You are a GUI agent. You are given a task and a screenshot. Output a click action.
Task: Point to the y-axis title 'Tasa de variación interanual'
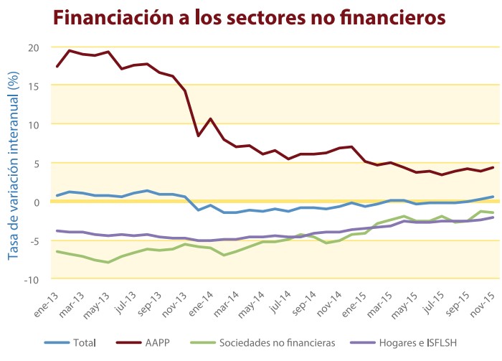tap(13, 161)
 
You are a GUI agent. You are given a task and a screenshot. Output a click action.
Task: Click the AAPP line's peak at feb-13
tap(70, 50)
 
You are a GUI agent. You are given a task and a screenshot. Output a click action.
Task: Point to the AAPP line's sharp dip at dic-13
tap(198, 136)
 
